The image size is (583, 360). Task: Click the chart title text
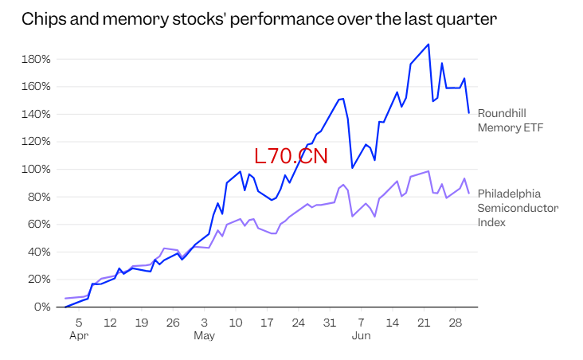pyautogui.click(x=259, y=19)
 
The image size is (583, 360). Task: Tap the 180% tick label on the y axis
pyautogui.click(x=36, y=59)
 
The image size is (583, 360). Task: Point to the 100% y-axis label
pyautogui.click(x=36, y=169)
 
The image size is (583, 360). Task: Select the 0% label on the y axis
pyautogui.click(x=42, y=307)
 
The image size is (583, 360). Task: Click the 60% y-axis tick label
pyautogui.click(x=38, y=225)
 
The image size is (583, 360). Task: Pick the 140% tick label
pyautogui.click(x=36, y=114)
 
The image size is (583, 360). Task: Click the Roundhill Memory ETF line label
pyautogui.click(x=510, y=120)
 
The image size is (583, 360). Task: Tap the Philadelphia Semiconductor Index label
pyautogui.click(x=518, y=208)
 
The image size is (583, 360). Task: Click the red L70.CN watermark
pyautogui.click(x=291, y=156)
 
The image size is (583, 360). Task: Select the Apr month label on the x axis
pyautogui.click(x=79, y=336)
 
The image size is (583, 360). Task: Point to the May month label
pyautogui.click(x=204, y=336)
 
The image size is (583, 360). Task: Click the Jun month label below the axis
pyautogui.click(x=361, y=336)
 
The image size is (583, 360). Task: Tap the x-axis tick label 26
pyautogui.click(x=173, y=323)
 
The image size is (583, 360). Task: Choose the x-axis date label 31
pyautogui.click(x=330, y=323)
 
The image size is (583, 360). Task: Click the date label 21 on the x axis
pyautogui.click(x=424, y=323)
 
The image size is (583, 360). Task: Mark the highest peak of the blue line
pyautogui.click(x=428, y=45)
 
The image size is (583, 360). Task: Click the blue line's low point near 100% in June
pyautogui.click(x=352, y=168)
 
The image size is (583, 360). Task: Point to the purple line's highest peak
pyautogui.click(x=428, y=171)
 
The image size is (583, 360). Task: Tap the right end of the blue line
pyautogui.click(x=468, y=112)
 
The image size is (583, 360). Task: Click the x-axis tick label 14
pyautogui.click(x=393, y=323)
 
